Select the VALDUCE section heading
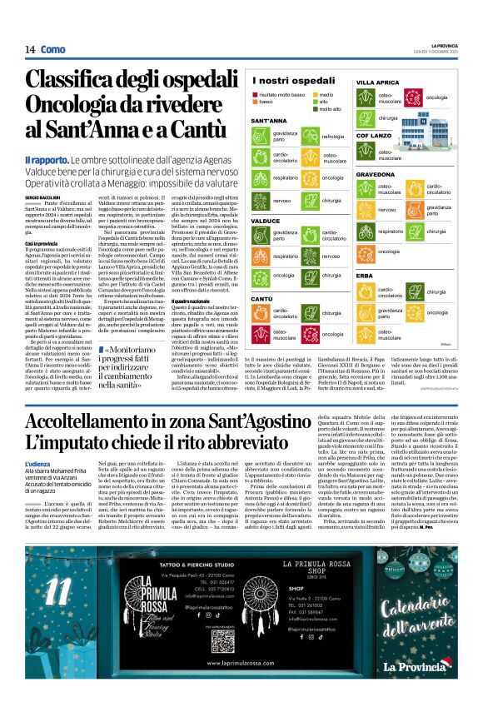point(264,222)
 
